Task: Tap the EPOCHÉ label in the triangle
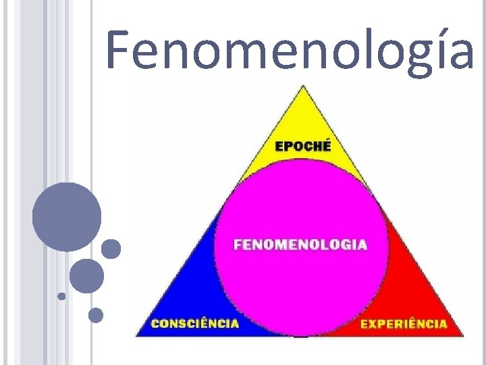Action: tap(302, 145)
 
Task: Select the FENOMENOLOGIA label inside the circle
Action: tap(300, 245)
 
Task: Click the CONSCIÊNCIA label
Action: tap(194, 323)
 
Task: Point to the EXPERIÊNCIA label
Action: tap(404, 323)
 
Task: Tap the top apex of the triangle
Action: tap(304, 87)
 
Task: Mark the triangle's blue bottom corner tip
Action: tap(138, 335)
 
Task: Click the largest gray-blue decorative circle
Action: tap(67, 217)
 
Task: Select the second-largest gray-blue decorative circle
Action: tap(86, 276)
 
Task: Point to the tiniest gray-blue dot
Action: tap(61, 296)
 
